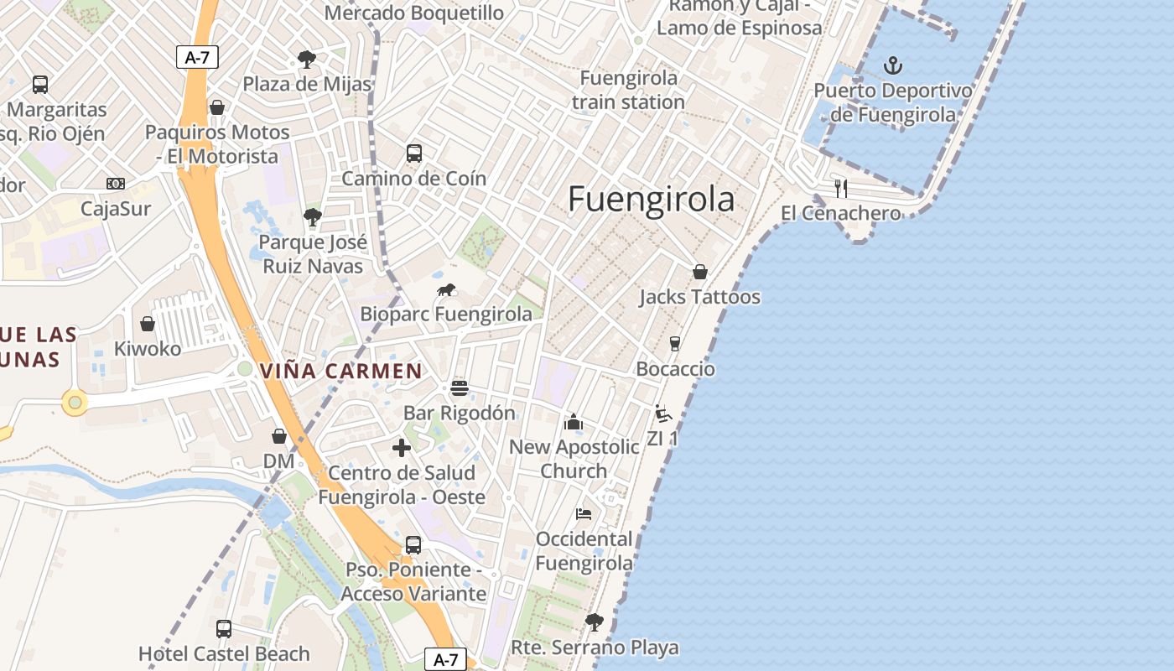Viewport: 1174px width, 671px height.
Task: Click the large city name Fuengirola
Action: [x=651, y=200]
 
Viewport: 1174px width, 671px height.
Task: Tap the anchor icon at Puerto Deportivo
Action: [x=893, y=65]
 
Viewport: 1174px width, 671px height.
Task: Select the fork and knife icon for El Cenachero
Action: [x=841, y=188]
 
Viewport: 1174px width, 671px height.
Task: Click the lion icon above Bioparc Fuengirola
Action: [x=446, y=290]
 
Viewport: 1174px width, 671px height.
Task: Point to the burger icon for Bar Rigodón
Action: [x=459, y=388]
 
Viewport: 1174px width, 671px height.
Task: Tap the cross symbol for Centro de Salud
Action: [x=402, y=448]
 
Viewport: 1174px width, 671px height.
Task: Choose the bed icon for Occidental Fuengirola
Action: [x=584, y=513]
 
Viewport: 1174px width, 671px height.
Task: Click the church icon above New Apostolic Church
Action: [x=574, y=422]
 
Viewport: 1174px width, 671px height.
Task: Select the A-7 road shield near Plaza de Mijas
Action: [x=197, y=57]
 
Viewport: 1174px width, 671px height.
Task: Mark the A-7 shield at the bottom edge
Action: [x=445, y=659]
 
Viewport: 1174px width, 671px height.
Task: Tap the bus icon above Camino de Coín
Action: [x=413, y=153]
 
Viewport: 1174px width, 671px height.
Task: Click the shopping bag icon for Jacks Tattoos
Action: [x=699, y=272]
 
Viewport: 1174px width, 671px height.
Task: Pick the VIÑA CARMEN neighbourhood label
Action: [x=341, y=371]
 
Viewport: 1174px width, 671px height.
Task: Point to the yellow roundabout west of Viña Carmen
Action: [x=75, y=403]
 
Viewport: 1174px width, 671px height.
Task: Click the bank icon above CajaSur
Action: [x=116, y=184]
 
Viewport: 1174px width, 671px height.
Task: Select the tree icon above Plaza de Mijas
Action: [x=307, y=59]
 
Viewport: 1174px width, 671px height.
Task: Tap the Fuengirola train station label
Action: [x=628, y=90]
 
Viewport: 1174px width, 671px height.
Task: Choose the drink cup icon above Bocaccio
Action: [x=674, y=344]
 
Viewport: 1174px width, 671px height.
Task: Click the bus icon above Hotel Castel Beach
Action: [x=224, y=628]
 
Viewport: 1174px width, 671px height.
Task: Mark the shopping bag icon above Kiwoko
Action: [x=148, y=324]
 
